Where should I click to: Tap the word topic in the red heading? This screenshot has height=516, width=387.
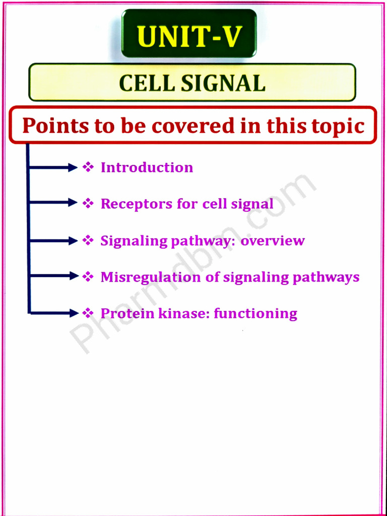[337, 126]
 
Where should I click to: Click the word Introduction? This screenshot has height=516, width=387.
[147, 167]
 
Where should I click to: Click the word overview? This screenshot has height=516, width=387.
[273, 240]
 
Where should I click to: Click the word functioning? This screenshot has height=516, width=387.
[255, 314]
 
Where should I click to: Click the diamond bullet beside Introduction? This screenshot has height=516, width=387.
[88, 167]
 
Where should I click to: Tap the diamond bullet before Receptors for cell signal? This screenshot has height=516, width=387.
[88, 204]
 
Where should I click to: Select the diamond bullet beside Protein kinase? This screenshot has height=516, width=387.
[88, 313]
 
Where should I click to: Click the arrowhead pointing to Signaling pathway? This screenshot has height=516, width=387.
[73, 241]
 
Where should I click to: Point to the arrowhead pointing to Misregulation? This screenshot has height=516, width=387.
[73, 276]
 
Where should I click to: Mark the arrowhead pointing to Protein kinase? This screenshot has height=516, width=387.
[73, 313]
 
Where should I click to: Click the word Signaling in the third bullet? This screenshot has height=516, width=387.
[134, 241]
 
